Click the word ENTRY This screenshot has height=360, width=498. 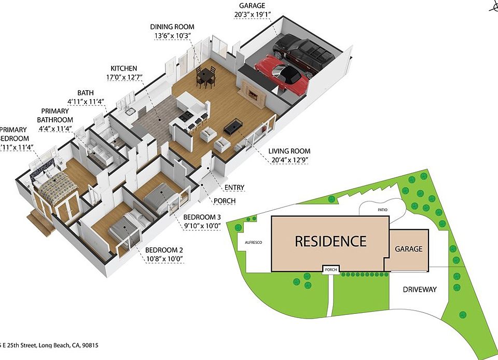[235, 188]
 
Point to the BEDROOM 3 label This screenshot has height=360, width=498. [202, 221]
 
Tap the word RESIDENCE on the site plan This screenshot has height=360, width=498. [330, 241]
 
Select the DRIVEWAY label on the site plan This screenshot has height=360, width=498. [420, 289]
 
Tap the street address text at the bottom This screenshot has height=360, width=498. [49, 345]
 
